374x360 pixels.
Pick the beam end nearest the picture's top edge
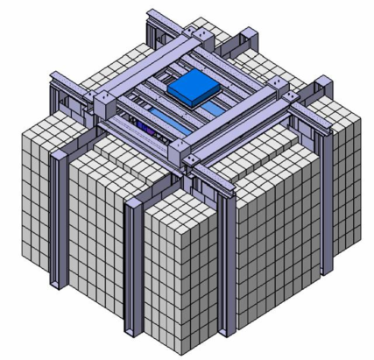pyautogui.click(x=153, y=14)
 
